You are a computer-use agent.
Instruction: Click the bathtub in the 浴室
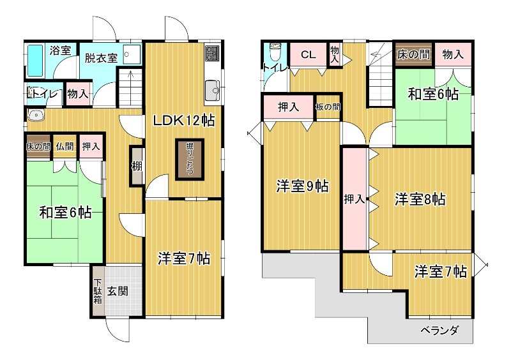(x=35, y=61)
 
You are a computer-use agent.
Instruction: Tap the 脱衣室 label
(x=101, y=58)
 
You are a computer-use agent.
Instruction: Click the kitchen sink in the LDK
(x=212, y=90)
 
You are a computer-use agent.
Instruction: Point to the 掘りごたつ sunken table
(x=190, y=160)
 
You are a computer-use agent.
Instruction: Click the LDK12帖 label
(x=184, y=121)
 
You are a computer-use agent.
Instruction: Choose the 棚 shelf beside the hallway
(x=137, y=166)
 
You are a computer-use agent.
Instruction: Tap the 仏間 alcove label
(x=65, y=146)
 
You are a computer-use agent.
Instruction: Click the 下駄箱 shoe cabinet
(x=98, y=291)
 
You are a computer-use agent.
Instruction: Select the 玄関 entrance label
(x=118, y=291)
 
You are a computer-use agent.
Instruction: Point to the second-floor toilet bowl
(x=275, y=52)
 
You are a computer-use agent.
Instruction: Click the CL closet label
(x=308, y=54)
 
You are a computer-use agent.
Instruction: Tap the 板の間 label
(x=328, y=107)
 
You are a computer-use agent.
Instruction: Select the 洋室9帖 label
(x=302, y=186)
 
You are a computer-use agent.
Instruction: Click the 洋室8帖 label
(x=420, y=199)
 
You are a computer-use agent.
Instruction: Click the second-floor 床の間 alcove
(x=413, y=54)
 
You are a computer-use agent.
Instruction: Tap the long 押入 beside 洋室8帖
(x=355, y=199)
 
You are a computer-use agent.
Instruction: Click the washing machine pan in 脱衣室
(x=132, y=54)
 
